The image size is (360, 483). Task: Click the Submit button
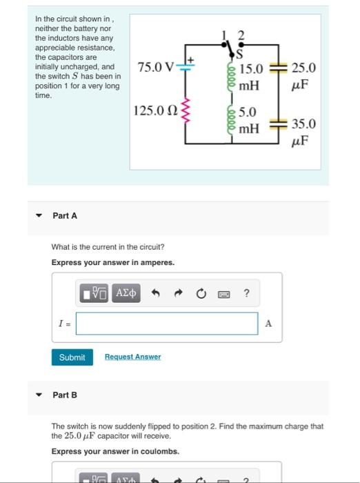72,357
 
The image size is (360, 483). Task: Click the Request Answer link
132,357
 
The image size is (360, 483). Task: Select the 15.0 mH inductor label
250,75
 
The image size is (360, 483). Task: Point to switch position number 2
241,35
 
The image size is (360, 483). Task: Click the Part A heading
65,216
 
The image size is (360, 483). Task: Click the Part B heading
65,395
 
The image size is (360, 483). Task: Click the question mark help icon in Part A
246,294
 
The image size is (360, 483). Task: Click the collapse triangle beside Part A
40,216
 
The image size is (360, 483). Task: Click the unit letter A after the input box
269,323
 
